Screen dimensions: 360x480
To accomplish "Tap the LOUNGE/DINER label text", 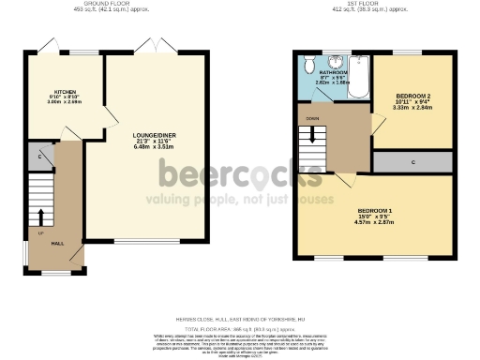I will click(156, 136).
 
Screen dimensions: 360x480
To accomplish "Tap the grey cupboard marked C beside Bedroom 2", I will click(413, 161).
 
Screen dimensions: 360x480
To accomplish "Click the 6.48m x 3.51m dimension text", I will click(156, 146).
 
